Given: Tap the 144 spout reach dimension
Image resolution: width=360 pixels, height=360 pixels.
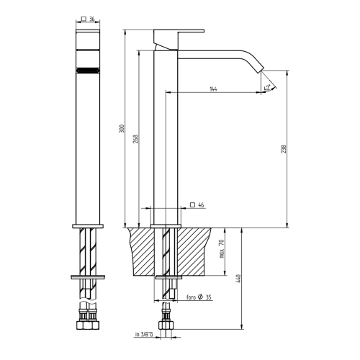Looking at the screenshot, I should point(213,89).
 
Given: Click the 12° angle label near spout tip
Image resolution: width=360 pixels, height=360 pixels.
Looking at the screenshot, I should point(268,88).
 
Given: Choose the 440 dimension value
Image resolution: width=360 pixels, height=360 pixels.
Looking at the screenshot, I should point(237,278).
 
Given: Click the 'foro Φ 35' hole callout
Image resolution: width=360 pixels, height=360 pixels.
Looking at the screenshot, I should point(199,297).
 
